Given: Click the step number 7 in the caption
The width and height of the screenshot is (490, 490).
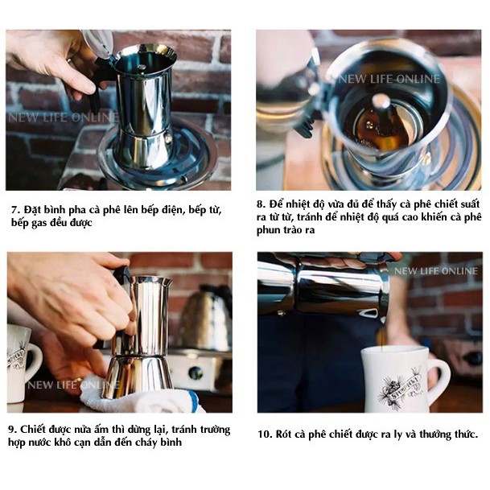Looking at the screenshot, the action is [15, 210].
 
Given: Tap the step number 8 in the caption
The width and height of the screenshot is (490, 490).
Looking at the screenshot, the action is [261, 204].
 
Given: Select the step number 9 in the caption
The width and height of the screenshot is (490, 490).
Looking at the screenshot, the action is [12, 430].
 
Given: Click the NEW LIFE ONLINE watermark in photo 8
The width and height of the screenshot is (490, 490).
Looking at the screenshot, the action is [389, 79].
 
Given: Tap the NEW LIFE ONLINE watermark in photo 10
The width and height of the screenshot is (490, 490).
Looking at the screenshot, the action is [436, 271].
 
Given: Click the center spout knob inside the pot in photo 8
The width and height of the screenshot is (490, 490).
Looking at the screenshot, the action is [381, 101].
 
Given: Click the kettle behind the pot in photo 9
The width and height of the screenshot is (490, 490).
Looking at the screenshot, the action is [207, 315].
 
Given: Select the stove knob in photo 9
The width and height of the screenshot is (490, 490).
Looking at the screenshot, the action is [196, 373].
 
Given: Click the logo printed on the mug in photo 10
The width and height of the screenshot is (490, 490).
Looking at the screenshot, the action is [399, 386].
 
